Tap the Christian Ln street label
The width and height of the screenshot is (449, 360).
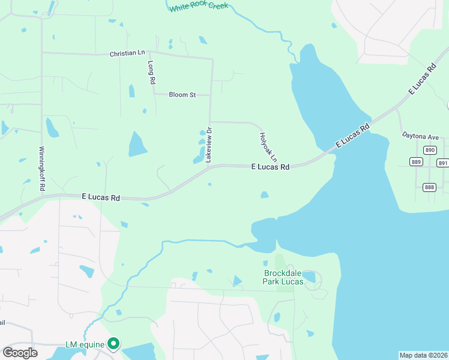pyautogui.click(x=127, y=53)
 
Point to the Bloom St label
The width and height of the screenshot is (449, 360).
pyautogui.click(x=182, y=95)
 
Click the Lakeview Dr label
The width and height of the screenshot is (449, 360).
pyautogui.click(x=209, y=145)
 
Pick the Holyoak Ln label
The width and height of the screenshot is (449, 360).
pyautogui.click(x=268, y=146)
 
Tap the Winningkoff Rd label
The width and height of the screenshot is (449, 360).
pyautogui.click(x=42, y=169)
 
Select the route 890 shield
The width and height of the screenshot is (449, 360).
pyautogui.click(x=429, y=150)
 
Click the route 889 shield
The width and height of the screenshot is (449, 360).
pyautogui.click(x=417, y=161)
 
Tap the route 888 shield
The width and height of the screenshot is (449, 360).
pyautogui.click(x=429, y=187)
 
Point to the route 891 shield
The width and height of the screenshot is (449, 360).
pyautogui.click(x=443, y=163)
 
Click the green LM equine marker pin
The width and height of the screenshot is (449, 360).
pyautogui.click(x=113, y=344)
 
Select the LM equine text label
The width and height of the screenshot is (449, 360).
pyautogui.click(x=85, y=344)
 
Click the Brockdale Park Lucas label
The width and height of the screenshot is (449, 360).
pyautogui.click(x=286, y=277)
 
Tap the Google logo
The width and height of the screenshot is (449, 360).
pyautogui.click(x=20, y=353)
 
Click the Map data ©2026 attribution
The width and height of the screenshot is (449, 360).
pyautogui.click(x=424, y=355)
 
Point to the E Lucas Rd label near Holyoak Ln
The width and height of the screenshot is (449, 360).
pyautogui.click(x=270, y=167)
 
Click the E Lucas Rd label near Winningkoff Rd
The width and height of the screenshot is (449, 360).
pyautogui.click(x=100, y=197)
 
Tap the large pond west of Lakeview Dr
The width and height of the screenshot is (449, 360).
pyautogui.click(x=137, y=144)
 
